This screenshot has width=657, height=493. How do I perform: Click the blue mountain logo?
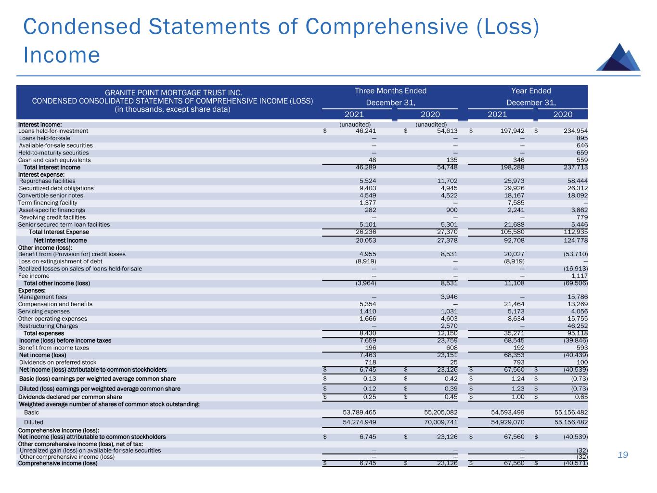[618, 58]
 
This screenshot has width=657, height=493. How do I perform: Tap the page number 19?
[623, 455]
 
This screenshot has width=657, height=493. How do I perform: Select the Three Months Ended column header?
[390, 91]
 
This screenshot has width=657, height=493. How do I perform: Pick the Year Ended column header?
[531, 91]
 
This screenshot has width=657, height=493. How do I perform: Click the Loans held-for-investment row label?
[53, 131]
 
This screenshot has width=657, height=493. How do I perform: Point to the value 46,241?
[364, 131]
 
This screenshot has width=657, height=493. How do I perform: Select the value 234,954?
[575, 131]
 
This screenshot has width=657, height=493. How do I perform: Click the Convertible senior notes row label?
[51, 195]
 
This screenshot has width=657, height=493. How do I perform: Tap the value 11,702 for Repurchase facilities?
[446, 181]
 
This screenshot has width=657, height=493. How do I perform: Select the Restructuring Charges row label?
[48, 326]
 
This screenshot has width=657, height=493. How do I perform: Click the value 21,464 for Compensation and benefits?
[513, 304]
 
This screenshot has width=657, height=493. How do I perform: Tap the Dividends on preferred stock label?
[57, 363]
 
